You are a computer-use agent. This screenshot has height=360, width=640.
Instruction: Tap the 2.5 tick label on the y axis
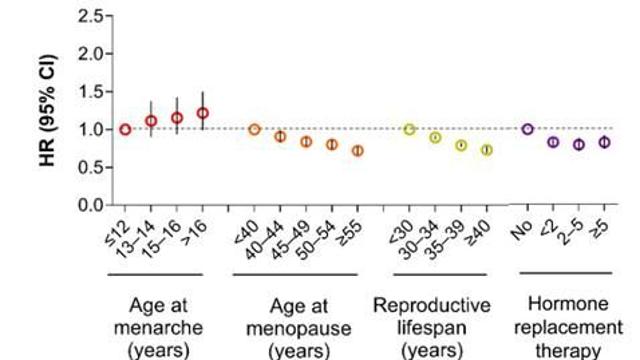click(90, 17)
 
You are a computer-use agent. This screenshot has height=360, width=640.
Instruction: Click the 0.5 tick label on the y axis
click(90, 167)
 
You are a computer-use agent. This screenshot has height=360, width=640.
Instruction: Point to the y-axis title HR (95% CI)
click(48, 110)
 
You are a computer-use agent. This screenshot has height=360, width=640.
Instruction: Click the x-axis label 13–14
click(135, 240)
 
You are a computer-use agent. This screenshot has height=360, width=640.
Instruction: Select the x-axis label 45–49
click(290, 241)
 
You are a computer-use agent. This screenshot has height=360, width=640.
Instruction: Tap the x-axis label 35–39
click(444, 241)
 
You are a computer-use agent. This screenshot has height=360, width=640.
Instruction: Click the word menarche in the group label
click(158, 328)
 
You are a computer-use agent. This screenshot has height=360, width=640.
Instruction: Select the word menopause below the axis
click(299, 329)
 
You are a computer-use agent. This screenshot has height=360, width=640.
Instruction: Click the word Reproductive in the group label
click(432, 306)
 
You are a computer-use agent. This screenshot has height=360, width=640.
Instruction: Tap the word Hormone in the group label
click(568, 304)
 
